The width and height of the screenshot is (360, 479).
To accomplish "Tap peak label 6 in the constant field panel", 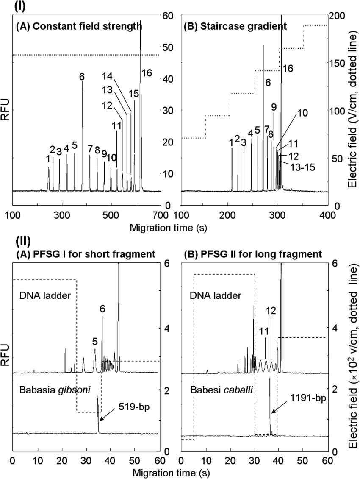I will click(x=81, y=77).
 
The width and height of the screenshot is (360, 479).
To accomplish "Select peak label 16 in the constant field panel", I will click(x=147, y=72).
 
